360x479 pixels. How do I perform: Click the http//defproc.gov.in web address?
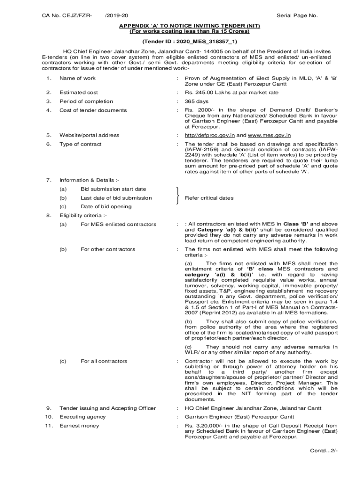tap(208, 135)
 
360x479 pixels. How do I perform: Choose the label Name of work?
tap(77, 78)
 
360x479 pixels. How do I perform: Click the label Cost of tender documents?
tap(93, 110)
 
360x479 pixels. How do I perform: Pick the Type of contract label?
tap(80, 144)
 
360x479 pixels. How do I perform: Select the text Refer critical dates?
tap(209, 198)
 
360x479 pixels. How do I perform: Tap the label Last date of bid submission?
tap(116, 198)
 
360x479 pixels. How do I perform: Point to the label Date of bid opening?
tap(106, 206)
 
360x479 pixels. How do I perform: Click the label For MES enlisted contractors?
tap(118, 225)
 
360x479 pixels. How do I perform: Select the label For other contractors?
tap(108, 249)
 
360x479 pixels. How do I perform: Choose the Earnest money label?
tap(79, 426)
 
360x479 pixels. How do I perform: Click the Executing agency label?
tap(82, 417)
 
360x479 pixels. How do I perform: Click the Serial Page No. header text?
tap(297, 15)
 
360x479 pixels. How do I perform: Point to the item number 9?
tap(49, 408)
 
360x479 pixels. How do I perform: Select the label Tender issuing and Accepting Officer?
tap(108, 408)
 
